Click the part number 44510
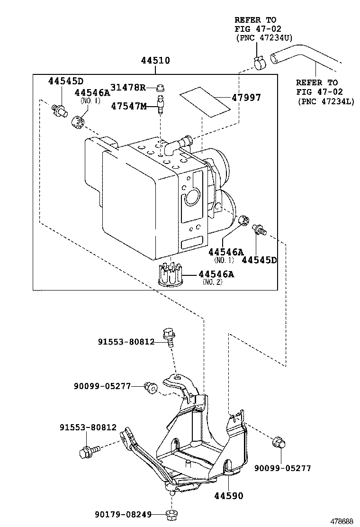[x=155, y=61]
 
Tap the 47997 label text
[x=246, y=98]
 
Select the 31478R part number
[x=128, y=87]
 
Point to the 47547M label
[x=129, y=106]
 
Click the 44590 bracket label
[x=228, y=495]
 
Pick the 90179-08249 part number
[x=123, y=514]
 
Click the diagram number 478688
[x=342, y=521]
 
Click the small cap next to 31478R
[x=161, y=88]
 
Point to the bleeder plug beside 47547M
[x=161, y=104]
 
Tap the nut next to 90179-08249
[x=171, y=514]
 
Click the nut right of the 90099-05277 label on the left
[x=150, y=388]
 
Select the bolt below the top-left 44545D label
[x=59, y=110]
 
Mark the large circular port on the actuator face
[x=192, y=196]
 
